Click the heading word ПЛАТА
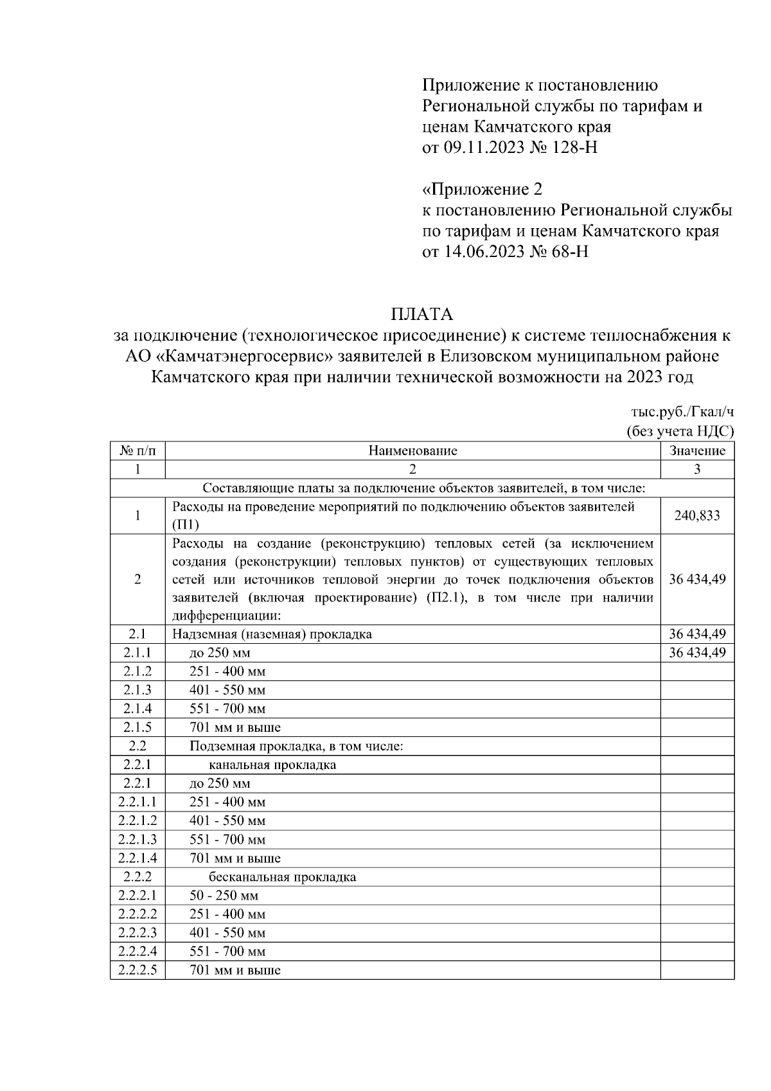pos(421,314)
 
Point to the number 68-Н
pos(567,251)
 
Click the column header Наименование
pos(412,450)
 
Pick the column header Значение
pos(697,450)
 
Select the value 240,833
pos(697,515)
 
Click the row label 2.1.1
pos(137,653)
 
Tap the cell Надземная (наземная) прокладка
pos(272,634)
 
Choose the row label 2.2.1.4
pos(137,858)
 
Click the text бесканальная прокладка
pos(282,877)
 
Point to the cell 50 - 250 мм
pos(224,896)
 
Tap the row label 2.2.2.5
pos(137,970)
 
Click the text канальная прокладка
pos(272,765)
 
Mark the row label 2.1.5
pos(137,727)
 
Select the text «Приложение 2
pos(482,190)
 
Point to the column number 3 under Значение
pos(697,469)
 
